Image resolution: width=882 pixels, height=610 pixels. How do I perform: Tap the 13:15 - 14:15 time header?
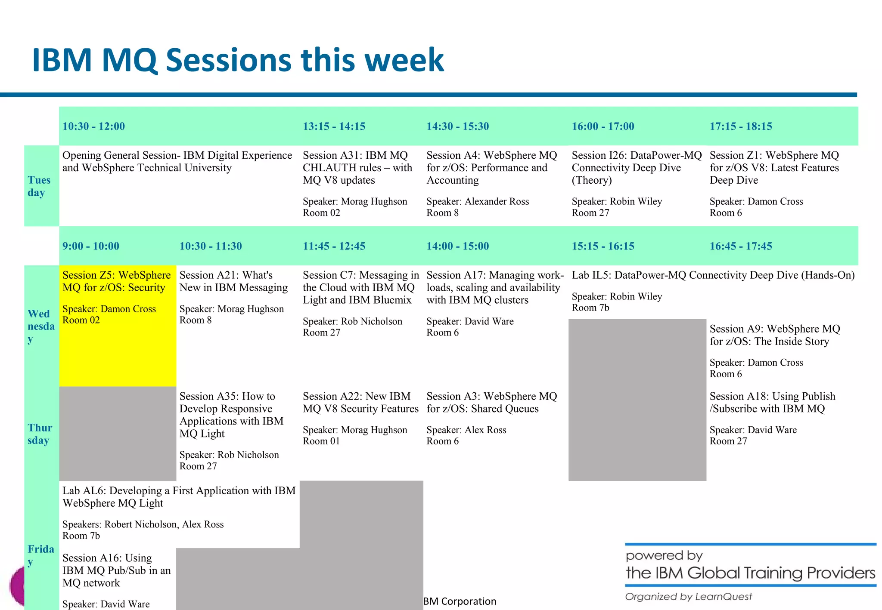[334, 126]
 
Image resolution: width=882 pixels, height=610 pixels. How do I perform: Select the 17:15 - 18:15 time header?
[741, 126]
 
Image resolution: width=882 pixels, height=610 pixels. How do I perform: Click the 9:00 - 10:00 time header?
[90, 246]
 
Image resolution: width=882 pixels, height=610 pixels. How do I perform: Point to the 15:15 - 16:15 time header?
[602, 246]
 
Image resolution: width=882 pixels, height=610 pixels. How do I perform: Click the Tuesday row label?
[39, 186]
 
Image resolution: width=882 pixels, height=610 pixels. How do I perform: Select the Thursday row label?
[40, 434]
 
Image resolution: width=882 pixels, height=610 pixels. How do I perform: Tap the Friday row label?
[40, 555]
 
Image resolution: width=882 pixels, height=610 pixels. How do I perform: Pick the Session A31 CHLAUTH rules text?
[357, 168]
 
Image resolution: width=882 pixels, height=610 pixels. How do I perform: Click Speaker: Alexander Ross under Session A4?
[477, 201]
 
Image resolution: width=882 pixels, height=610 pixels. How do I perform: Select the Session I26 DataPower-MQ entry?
[636, 168]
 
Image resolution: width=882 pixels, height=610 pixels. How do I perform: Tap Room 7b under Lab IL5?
[590, 308]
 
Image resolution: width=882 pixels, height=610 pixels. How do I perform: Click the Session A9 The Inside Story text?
[774, 335]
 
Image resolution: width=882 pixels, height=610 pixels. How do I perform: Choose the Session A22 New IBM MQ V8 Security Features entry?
[360, 402]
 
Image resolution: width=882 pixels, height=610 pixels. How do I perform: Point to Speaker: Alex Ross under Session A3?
[466, 430]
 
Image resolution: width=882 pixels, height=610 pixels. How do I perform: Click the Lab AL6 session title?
[179, 496]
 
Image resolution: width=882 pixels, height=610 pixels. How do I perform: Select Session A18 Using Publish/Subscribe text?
[772, 402]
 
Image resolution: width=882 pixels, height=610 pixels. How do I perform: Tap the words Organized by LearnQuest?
[688, 597]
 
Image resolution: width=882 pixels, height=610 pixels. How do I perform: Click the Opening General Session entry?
[177, 161]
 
